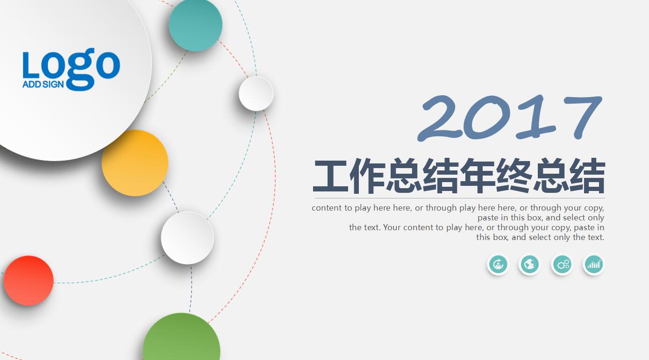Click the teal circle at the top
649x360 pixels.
pyautogui.click(x=195, y=24)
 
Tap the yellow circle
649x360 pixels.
pyautogui.click(x=135, y=163)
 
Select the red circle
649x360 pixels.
pyautogui.click(x=29, y=281)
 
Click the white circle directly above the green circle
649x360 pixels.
pyautogui.click(x=187, y=238)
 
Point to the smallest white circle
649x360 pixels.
pyautogui.click(x=256, y=93)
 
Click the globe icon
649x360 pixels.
pyautogui.click(x=529, y=265)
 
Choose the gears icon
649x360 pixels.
pyautogui.click(x=562, y=265)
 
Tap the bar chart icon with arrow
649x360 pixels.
pyautogui.click(x=594, y=265)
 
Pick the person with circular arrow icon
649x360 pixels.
pyautogui.click(x=498, y=265)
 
